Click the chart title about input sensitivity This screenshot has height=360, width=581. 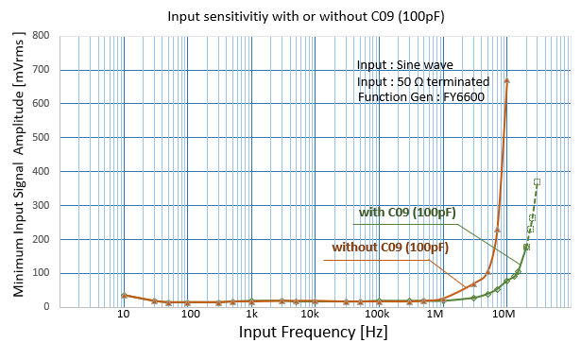point(293,17)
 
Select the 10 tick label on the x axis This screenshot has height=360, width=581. point(123,314)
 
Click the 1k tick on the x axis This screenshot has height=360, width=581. point(251,314)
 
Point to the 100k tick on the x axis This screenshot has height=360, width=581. point(377,314)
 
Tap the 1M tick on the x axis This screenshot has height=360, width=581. point(441,314)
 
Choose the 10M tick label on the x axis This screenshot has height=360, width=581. point(504,314)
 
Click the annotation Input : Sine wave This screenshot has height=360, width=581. point(404,65)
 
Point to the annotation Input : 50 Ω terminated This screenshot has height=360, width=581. point(422,81)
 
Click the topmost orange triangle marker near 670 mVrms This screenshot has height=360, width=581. point(506,80)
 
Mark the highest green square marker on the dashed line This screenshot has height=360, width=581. point(537,181)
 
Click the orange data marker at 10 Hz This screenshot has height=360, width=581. point(124,295)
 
